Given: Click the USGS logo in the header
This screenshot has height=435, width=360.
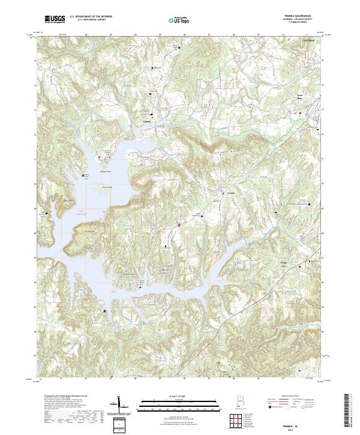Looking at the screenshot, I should point(55,19).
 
